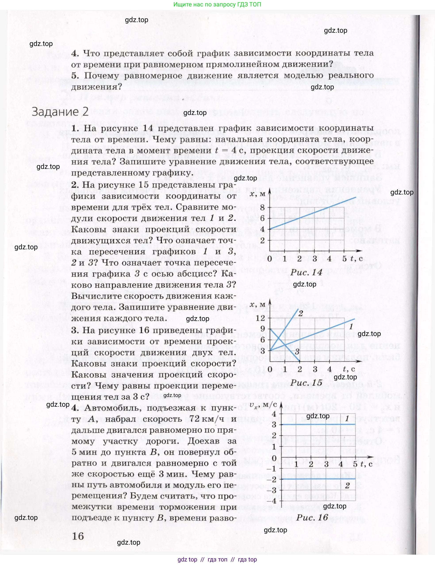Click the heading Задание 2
[60, 112]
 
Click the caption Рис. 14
[306, 272]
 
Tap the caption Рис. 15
[306, 383]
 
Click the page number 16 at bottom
[78, 536]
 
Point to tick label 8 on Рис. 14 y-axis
[263, 207]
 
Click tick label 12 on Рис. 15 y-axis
[260, 318]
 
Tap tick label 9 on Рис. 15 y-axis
[263, 329]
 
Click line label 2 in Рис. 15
[301, 313]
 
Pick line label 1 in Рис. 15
[351, 326]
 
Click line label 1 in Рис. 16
[347, 418]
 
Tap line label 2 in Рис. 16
[347, 486]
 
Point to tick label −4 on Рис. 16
[271, 501]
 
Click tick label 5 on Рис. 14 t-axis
[344, 258]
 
